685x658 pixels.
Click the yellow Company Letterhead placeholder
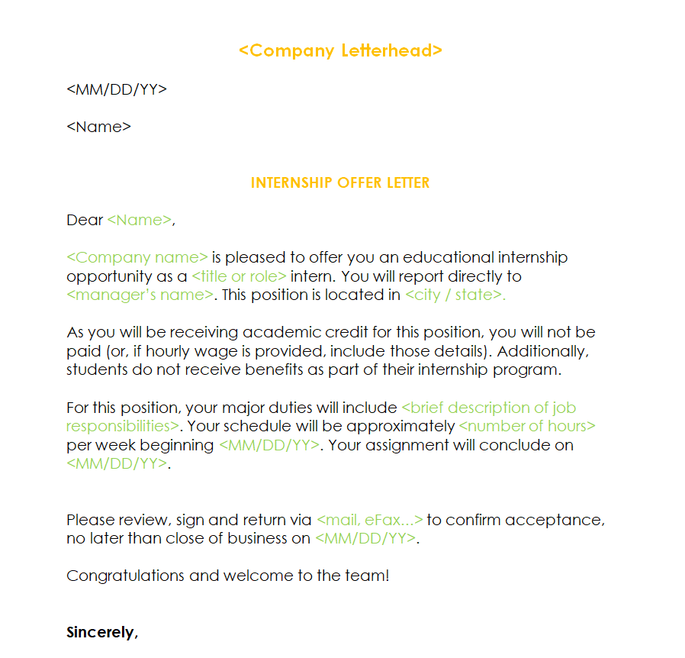[340, 51]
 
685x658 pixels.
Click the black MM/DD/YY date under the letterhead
[117, 89]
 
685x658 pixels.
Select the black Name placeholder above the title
[99, 127]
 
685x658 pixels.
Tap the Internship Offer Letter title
[340, 183]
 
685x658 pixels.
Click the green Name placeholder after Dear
[140, 221]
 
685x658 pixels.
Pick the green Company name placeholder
[137, 258]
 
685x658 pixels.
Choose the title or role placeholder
[239, 276]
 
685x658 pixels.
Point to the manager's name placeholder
[140, 295]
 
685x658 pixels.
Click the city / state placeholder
[455, 295]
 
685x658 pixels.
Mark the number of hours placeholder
[527, 426]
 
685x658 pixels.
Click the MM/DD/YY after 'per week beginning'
[269, 445]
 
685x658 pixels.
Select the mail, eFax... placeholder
[369, 520]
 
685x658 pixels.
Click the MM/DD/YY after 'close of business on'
[365, 538]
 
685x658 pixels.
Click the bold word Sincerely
[101, 632]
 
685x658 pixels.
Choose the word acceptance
[554, 520]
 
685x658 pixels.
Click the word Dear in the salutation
[85, 221]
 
